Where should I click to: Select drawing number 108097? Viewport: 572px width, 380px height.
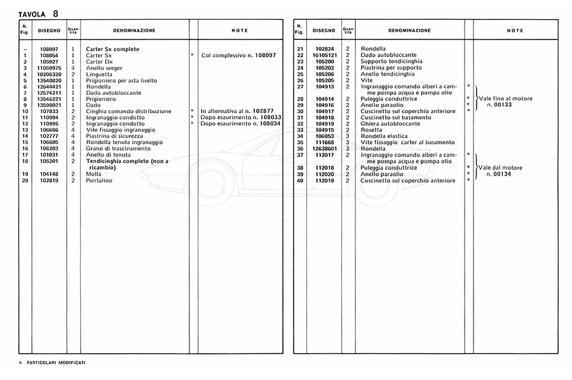point(50,49)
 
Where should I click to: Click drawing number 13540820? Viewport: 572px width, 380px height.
point(50,80)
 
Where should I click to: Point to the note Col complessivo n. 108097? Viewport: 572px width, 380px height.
point(238,55)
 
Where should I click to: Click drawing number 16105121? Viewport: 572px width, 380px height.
point(325,55)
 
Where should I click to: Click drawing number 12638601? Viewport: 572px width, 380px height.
point(325,148)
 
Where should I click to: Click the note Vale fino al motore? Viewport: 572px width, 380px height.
point(505,99)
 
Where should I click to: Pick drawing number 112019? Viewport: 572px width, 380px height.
point(325,180)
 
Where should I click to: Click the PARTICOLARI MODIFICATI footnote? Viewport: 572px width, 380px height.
point(56,362)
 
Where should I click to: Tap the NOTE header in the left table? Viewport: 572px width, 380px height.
point(240,31)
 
